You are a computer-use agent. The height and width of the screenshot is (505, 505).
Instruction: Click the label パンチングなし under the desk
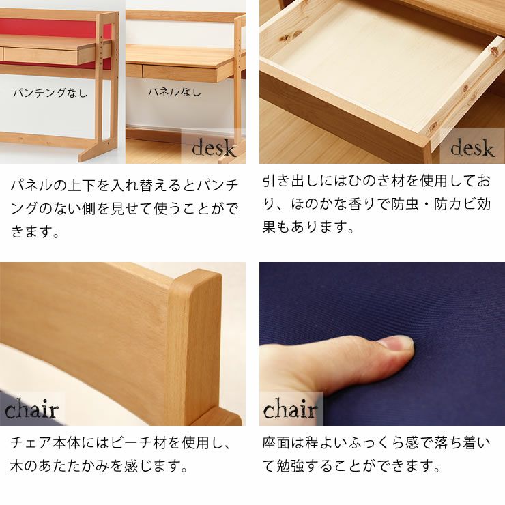click(x=50, y=93)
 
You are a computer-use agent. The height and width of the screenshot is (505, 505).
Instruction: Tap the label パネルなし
click(x=175, y=91)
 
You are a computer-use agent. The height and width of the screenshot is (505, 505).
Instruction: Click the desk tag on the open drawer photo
click(x=472, y=148)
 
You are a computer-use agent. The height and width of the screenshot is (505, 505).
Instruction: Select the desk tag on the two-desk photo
click(x=214, y=148)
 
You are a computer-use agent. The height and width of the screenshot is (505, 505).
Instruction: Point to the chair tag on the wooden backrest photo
click(x=32, y=410)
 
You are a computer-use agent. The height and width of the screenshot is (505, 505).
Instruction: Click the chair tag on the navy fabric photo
click(x=291, y=410)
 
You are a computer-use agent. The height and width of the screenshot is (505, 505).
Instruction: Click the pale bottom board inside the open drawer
click(x=369, y=68)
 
